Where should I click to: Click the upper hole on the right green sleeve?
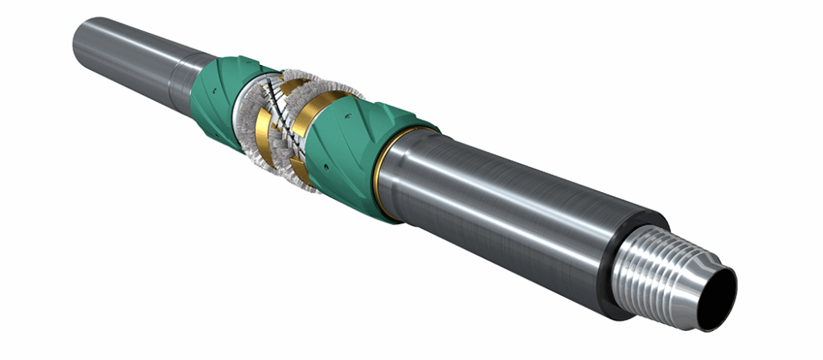[x=354, y=118]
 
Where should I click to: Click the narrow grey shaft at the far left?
[x=121, y=48]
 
